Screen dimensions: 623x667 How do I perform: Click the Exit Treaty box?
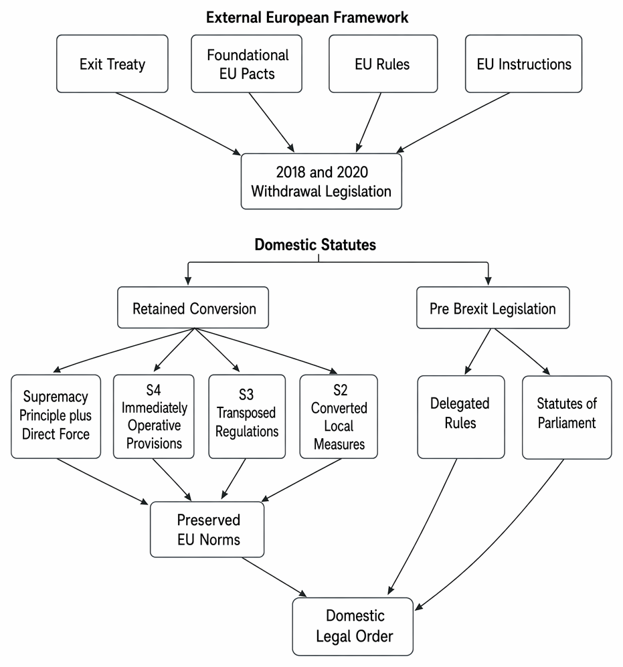(112, 64)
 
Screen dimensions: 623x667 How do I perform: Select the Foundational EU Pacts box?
(247, 64)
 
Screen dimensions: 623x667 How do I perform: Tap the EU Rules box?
(383, 64)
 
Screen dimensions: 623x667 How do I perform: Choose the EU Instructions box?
(523, 64)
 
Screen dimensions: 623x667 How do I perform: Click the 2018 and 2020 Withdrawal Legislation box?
(321, 182)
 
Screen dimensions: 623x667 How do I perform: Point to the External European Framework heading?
(307, 17)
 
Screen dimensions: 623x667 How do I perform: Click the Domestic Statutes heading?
(315, 245)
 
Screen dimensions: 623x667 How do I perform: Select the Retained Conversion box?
(193, 308)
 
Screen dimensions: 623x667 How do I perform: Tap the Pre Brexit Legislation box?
(493, 308)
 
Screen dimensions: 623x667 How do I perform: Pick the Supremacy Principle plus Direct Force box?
(56, 416)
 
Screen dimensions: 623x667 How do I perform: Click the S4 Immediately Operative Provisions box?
(154, 416)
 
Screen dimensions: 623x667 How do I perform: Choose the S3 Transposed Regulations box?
(247, 416)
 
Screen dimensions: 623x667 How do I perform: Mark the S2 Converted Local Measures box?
(339, 416)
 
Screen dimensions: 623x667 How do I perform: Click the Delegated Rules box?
(461, 417)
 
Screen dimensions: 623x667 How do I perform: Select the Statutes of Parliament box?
(567, 417)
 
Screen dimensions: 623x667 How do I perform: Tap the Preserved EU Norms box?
(207, 530)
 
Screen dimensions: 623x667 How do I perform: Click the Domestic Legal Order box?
(353, 626)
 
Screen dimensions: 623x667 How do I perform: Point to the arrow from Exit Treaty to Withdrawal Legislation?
(179, 122)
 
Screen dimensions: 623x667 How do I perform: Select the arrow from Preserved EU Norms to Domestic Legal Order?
(274, 577)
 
